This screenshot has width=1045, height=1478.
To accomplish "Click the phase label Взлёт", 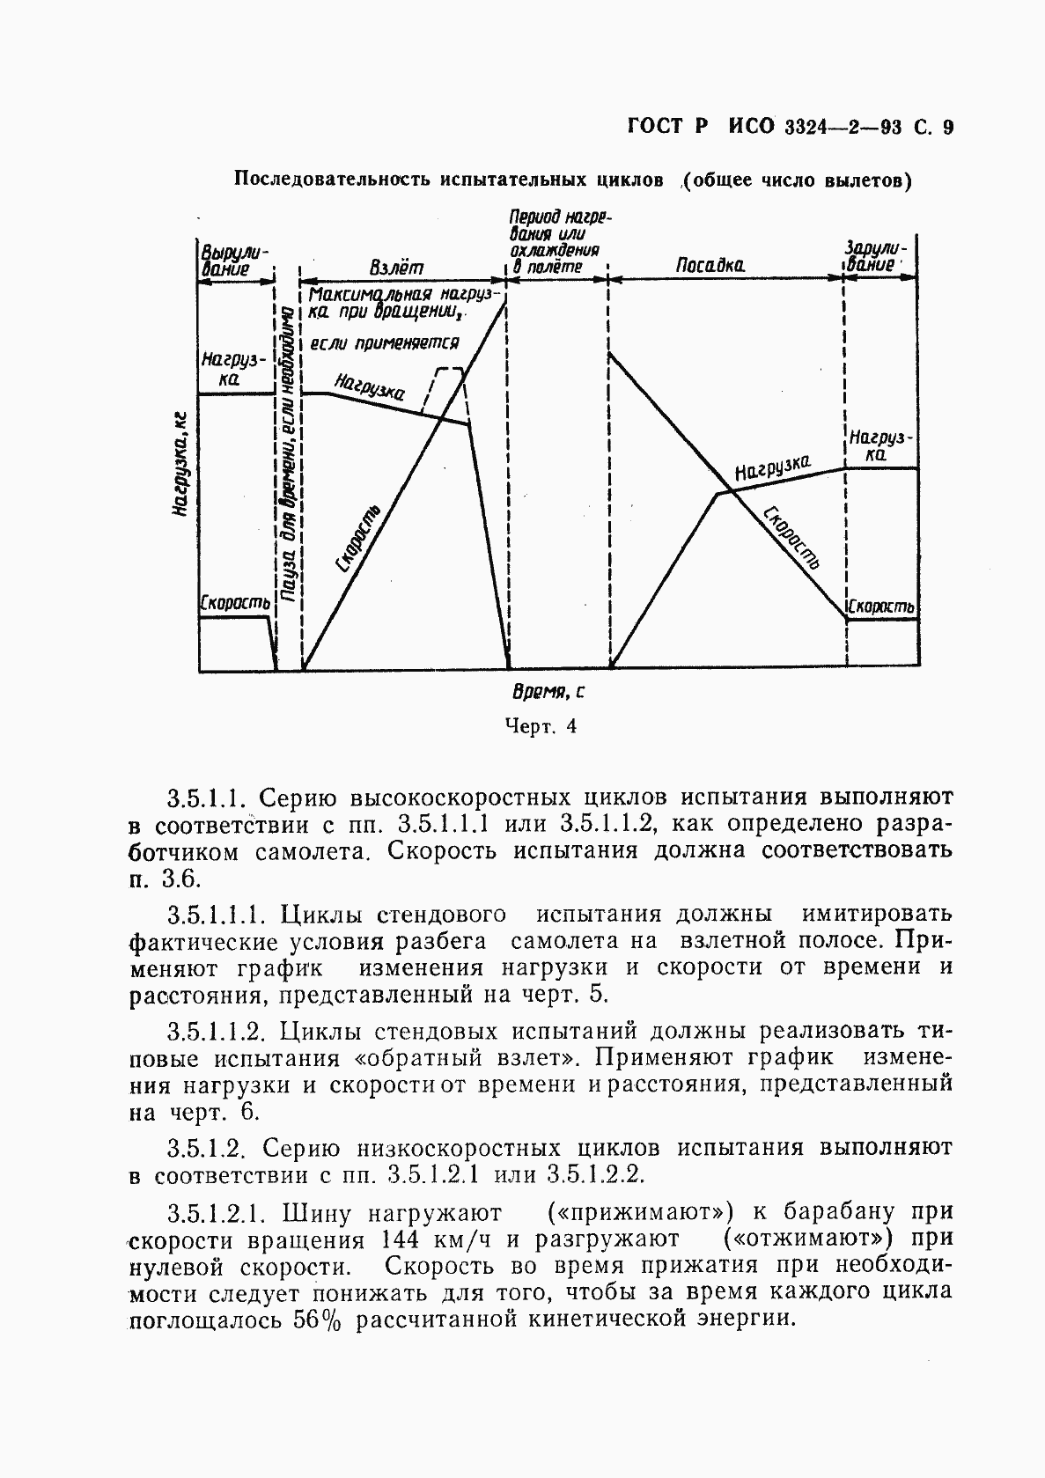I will (x=397, y=266).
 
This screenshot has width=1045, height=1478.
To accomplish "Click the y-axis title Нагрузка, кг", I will (x=180, y=462).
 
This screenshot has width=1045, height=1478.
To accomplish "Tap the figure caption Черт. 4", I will (x=541, y=726).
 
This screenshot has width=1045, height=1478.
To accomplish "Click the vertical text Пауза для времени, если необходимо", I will (x=288, y=458).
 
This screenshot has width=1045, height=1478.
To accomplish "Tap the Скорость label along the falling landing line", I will (x=791, y=537).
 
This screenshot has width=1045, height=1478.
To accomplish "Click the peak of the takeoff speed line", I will (x=505, y=302).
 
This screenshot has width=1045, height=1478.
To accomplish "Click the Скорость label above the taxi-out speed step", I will (x=234, y=603).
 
